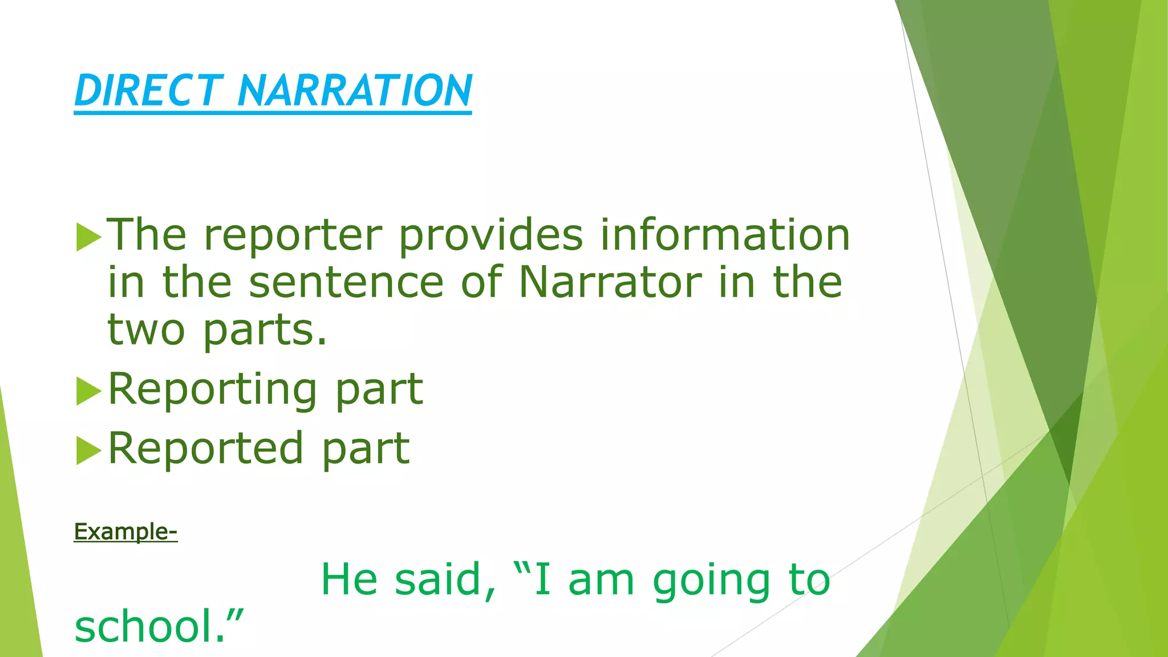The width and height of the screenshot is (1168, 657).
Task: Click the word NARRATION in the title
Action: click(x=354, y=91)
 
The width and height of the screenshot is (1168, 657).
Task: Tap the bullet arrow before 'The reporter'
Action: click(x=88, y=237)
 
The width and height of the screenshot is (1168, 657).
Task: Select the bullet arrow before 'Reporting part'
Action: click(x=88, y=391)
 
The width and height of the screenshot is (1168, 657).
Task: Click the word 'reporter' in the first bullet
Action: click(x=293, y=236)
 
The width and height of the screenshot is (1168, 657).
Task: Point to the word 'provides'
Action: click(x=490, y=236)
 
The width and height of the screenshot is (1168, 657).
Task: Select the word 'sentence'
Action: click(x=346, y=282)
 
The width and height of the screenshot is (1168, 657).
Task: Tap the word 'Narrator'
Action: click(x=610, y=282)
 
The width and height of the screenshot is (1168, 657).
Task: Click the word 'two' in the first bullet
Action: click(x=146, y=330)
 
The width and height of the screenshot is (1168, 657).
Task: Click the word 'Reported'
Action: click(x=205, y=449)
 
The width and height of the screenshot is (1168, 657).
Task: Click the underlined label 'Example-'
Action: click(x=125, y=532)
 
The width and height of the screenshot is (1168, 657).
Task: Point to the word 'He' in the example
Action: click(x=349, y=579)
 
